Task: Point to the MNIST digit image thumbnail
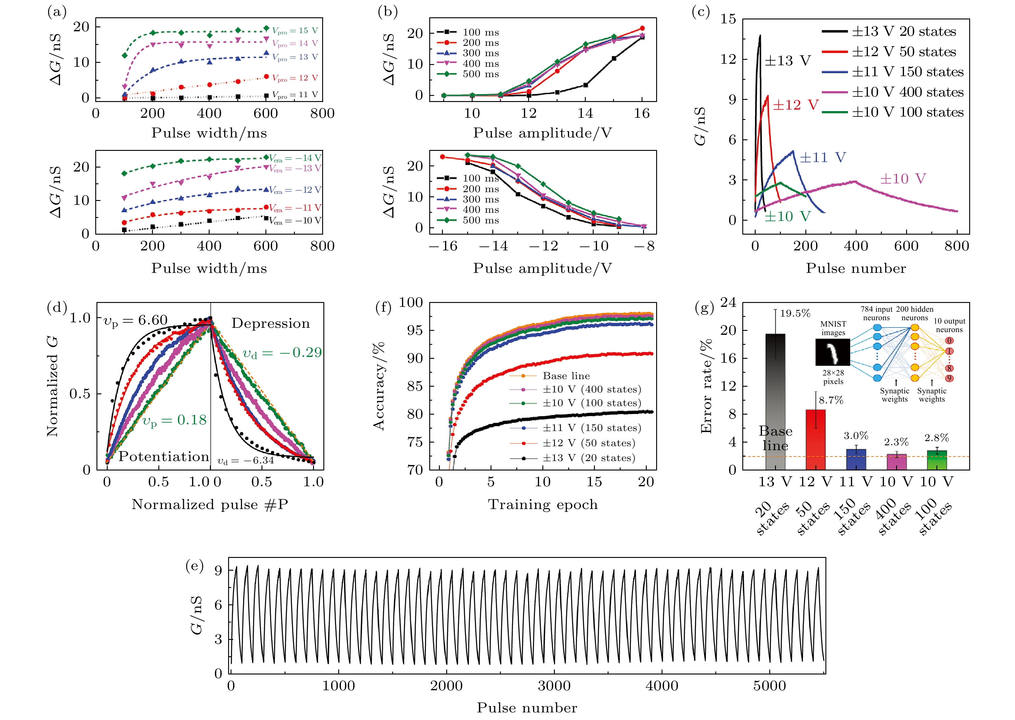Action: click(832, 352)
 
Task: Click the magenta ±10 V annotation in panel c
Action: click(902, 179)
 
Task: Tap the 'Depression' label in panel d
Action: click(270, 323)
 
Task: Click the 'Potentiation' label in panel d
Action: click(164, 456)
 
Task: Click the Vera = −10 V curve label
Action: click(295, 220)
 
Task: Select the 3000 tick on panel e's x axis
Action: click(554, 686)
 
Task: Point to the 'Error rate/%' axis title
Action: click(706, 386)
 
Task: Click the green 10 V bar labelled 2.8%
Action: click(936, 460)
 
